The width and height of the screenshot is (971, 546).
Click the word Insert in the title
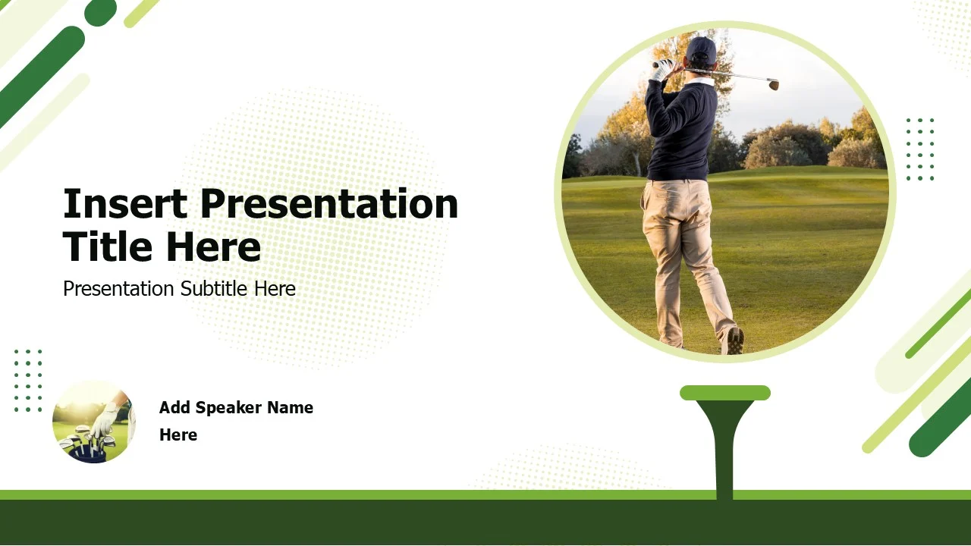pyautogui.click(x=125, y=204)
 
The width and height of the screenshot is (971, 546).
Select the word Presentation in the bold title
pyautogui.click(x=329, y=204)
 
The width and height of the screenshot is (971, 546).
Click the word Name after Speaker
pyautogui.click(x=290, y=408)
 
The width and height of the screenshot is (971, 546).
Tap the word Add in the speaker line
pyautogui.click(x=174, y=408)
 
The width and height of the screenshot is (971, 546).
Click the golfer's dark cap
pyautogui.click(x=700, y=49)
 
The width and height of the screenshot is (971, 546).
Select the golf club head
pyautogui.click(x=773, y=83)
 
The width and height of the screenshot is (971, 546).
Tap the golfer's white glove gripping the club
pyautogui.click(x=662, y=69)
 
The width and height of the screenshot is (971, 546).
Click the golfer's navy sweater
pyautogui.click(x=681, y=129)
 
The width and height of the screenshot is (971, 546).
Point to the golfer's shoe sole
pyautogui.click(x=734, y=340)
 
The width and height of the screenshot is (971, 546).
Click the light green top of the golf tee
pyautogui.click(x=725, y=393)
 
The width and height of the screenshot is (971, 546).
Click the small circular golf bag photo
pyautogui.click(x=93, y=422)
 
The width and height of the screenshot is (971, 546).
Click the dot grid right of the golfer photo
pyautogui.click(x=920, y=149)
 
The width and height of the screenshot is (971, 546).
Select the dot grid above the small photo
pyautogui.click(x=28, y=381)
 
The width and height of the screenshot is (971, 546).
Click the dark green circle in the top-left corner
pyautogui.click(x=101, y=11)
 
